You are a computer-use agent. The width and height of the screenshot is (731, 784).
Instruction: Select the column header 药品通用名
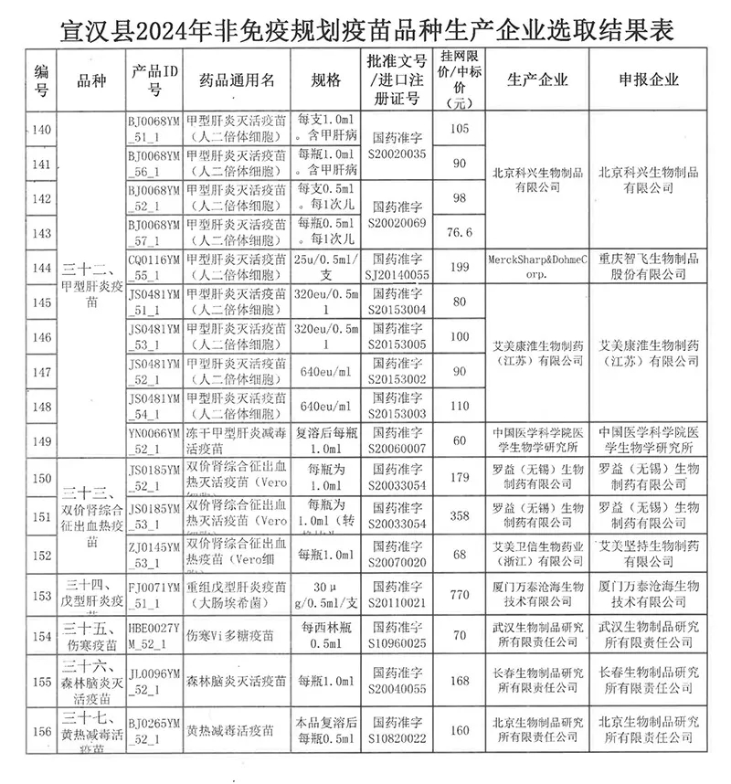pos(236,79)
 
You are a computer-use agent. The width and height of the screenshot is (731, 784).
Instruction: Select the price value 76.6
pos(460,233)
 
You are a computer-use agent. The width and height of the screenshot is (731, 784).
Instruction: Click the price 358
pos(460,516)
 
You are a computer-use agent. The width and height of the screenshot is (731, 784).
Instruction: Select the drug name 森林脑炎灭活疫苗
pos(236,681)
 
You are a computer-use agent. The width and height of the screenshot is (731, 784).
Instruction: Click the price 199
pos(460,267)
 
